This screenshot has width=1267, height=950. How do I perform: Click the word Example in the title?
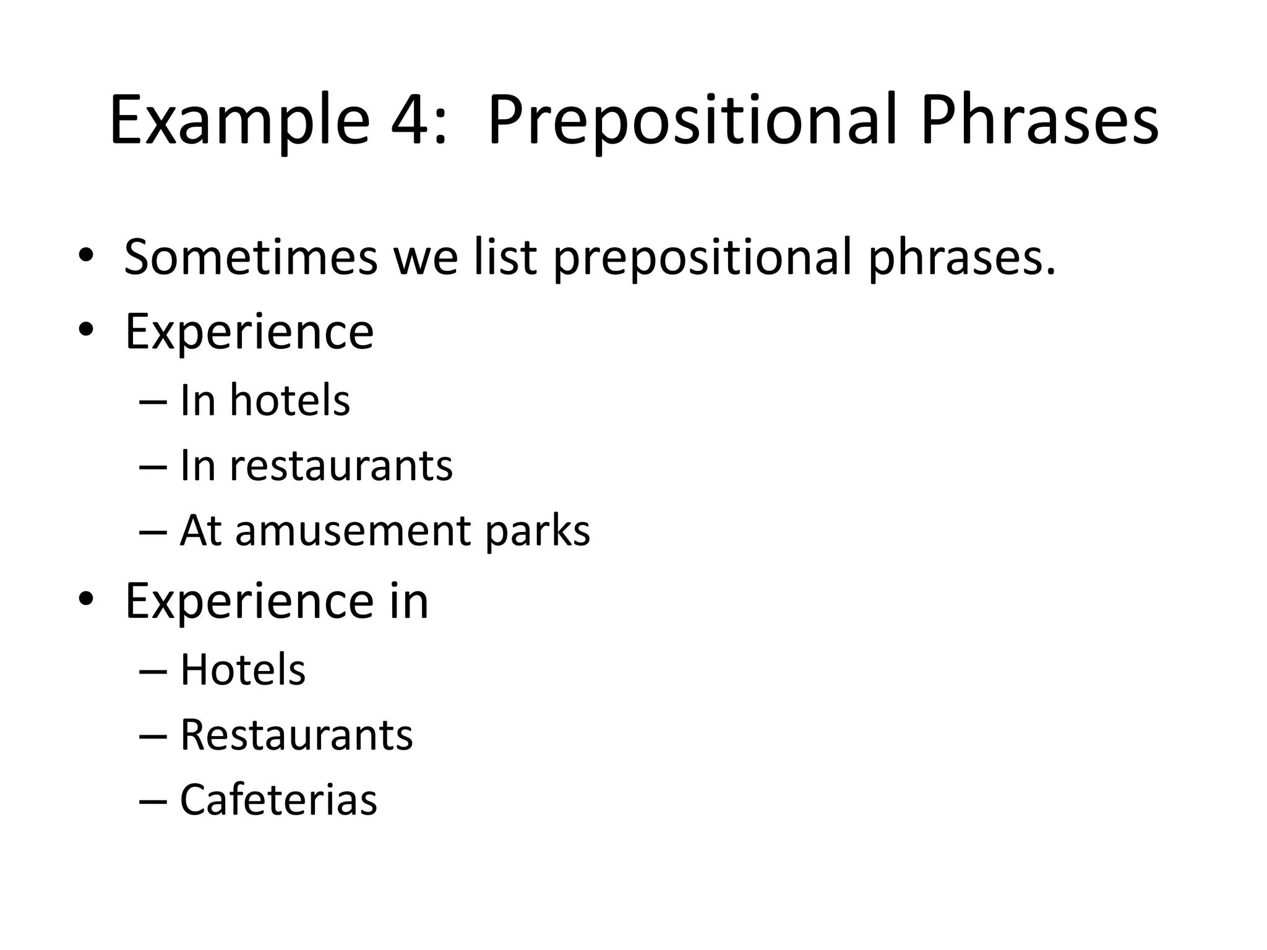(x=239, y=121)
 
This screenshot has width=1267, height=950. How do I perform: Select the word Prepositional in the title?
(x=691, y=121)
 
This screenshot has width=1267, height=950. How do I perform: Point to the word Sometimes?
(x=250, y=257)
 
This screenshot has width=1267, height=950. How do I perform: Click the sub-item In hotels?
(x=265, y=400)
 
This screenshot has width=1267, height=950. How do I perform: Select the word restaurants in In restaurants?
(x=341, y=466)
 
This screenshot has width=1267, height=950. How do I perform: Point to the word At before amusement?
(x=200, y=531)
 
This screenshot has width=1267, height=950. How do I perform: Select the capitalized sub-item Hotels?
(x=243, y=670)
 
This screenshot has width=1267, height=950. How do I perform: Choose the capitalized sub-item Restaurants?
(x=296, y=735)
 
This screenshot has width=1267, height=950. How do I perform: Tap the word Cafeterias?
(x=278, y=800)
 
